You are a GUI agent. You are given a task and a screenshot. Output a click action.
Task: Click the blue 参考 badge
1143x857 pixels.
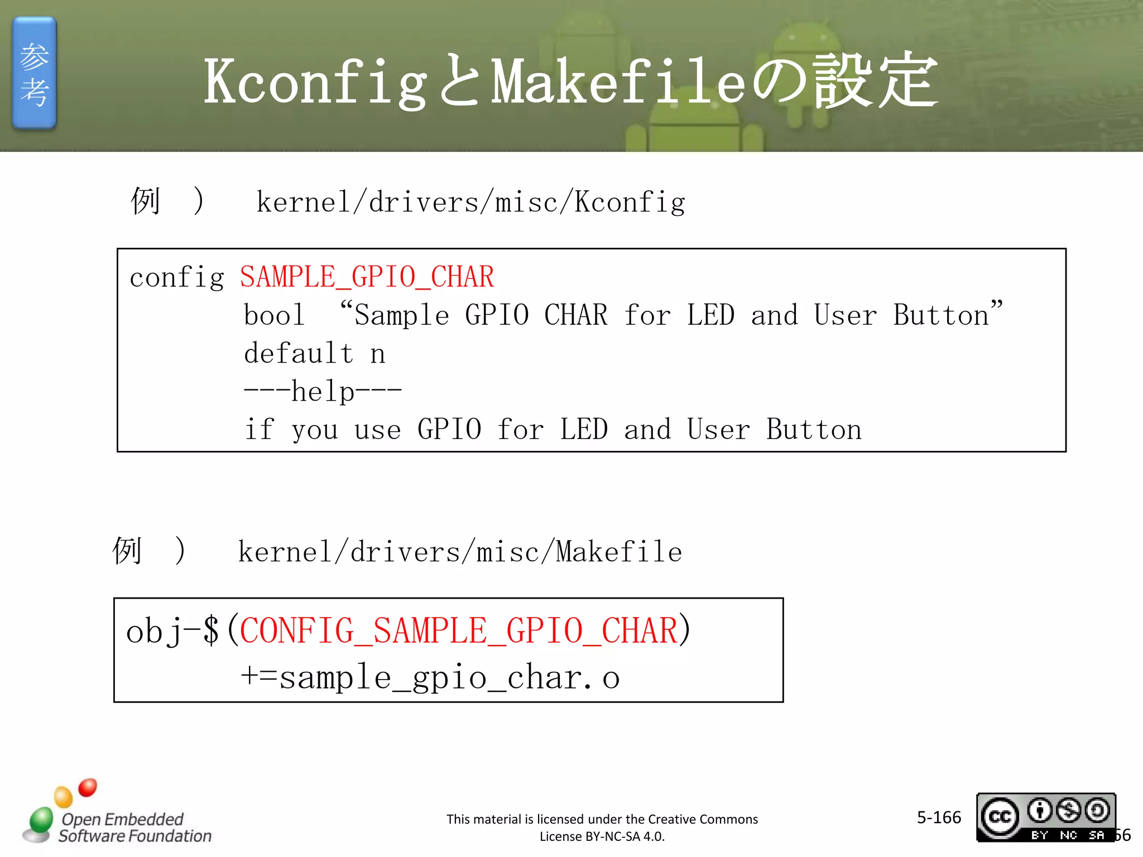click(x=34, y=73)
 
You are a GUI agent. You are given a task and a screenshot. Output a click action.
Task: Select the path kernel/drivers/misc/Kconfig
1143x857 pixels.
click(x=470, y=202)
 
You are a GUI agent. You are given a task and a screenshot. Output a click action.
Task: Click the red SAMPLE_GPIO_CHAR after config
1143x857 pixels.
click(x=367, y=277)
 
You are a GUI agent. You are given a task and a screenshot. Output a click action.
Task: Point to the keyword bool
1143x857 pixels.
click(x=274, y=315)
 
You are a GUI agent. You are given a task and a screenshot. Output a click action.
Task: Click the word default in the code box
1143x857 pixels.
click(x=299, y=353)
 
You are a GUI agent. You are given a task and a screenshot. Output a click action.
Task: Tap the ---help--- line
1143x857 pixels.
click(x=323, y=391)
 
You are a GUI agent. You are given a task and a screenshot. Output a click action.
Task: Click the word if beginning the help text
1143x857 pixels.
click(x=259, y=430)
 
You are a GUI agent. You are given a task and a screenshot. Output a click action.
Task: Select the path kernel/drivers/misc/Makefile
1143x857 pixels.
click(x=460, y=552)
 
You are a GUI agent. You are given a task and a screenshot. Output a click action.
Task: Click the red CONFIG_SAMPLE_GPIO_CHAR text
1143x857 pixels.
click(x=458, y=631)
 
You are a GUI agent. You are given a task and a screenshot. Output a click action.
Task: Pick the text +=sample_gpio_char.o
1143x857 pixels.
click(x=430, y=678)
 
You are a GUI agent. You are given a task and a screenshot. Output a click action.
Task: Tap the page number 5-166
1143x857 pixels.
click(x=939, y=817)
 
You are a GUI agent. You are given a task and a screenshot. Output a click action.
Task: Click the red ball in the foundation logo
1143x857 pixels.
click(x=88, y=787)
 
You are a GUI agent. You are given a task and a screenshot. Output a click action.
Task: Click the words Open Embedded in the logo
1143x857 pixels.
click(x=122, y=819)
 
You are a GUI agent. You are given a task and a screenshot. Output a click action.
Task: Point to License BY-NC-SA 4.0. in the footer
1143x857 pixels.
click(x=602, y=836)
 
